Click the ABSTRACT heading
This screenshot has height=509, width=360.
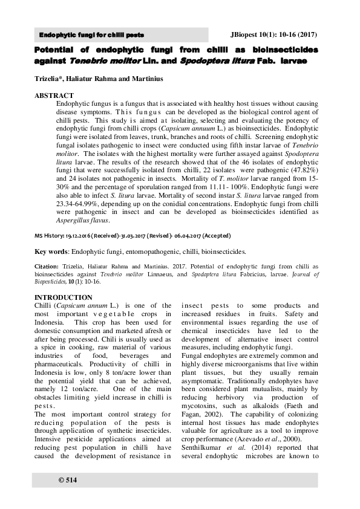click(54, 96)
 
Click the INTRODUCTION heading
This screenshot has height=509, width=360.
click(64, 297)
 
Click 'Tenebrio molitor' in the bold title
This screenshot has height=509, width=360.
click(105, 61)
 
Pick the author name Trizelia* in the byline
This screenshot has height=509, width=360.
click(52, 79)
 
